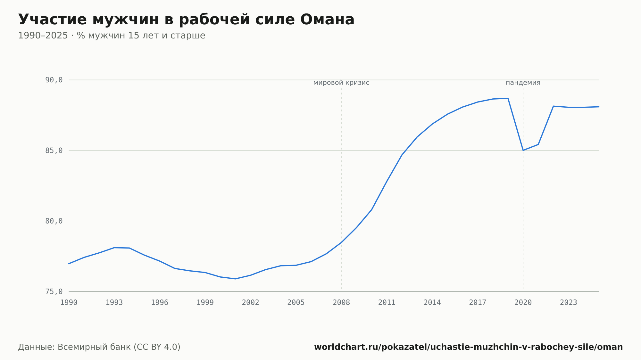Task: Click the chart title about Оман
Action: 186,20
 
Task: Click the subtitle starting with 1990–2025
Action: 112,36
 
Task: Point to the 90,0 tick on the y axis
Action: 54,80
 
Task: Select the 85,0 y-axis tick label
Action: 54,151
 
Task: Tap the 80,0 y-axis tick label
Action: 54,221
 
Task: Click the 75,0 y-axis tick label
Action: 54,291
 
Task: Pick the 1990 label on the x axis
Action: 69,303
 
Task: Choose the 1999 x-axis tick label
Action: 205,303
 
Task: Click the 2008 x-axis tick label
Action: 341,303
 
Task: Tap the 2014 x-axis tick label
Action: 432,303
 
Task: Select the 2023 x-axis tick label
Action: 569,303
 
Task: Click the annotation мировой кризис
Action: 341,83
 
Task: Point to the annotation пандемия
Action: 523,83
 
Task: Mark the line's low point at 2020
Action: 523,150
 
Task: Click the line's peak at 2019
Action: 508,98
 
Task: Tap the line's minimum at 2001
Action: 235,279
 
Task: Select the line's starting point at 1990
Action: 69,264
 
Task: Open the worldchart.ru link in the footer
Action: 469,347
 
